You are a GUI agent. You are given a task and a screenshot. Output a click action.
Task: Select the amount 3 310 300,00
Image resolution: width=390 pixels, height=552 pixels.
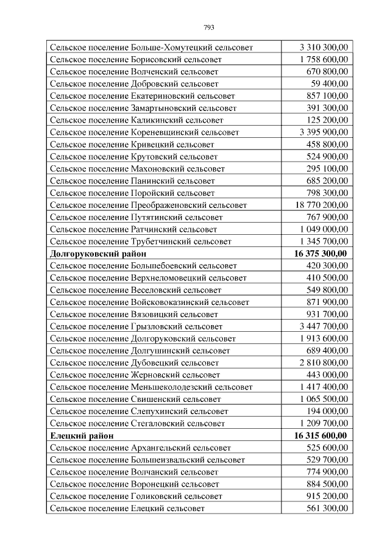324,47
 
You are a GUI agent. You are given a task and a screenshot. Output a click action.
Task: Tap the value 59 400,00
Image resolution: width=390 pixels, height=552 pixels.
329,84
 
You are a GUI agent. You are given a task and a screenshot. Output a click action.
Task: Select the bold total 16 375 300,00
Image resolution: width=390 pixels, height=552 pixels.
321,254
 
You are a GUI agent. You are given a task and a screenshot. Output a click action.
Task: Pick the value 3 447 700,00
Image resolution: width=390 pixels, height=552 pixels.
324,326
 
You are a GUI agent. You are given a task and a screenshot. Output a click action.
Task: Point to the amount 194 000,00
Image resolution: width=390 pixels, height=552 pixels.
327,411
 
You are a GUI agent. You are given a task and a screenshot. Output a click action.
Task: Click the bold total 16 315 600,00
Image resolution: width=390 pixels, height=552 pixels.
321,436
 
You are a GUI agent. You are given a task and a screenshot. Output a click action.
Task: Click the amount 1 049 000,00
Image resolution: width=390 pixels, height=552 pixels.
324,229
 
